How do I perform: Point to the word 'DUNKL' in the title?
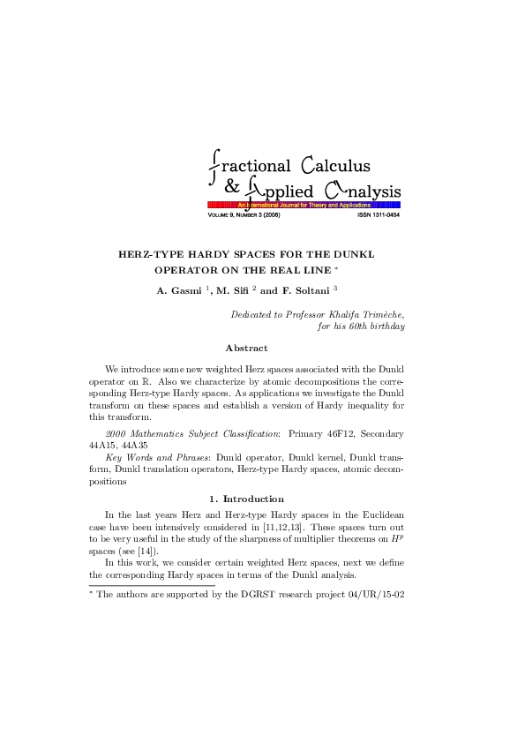(356, 254)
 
